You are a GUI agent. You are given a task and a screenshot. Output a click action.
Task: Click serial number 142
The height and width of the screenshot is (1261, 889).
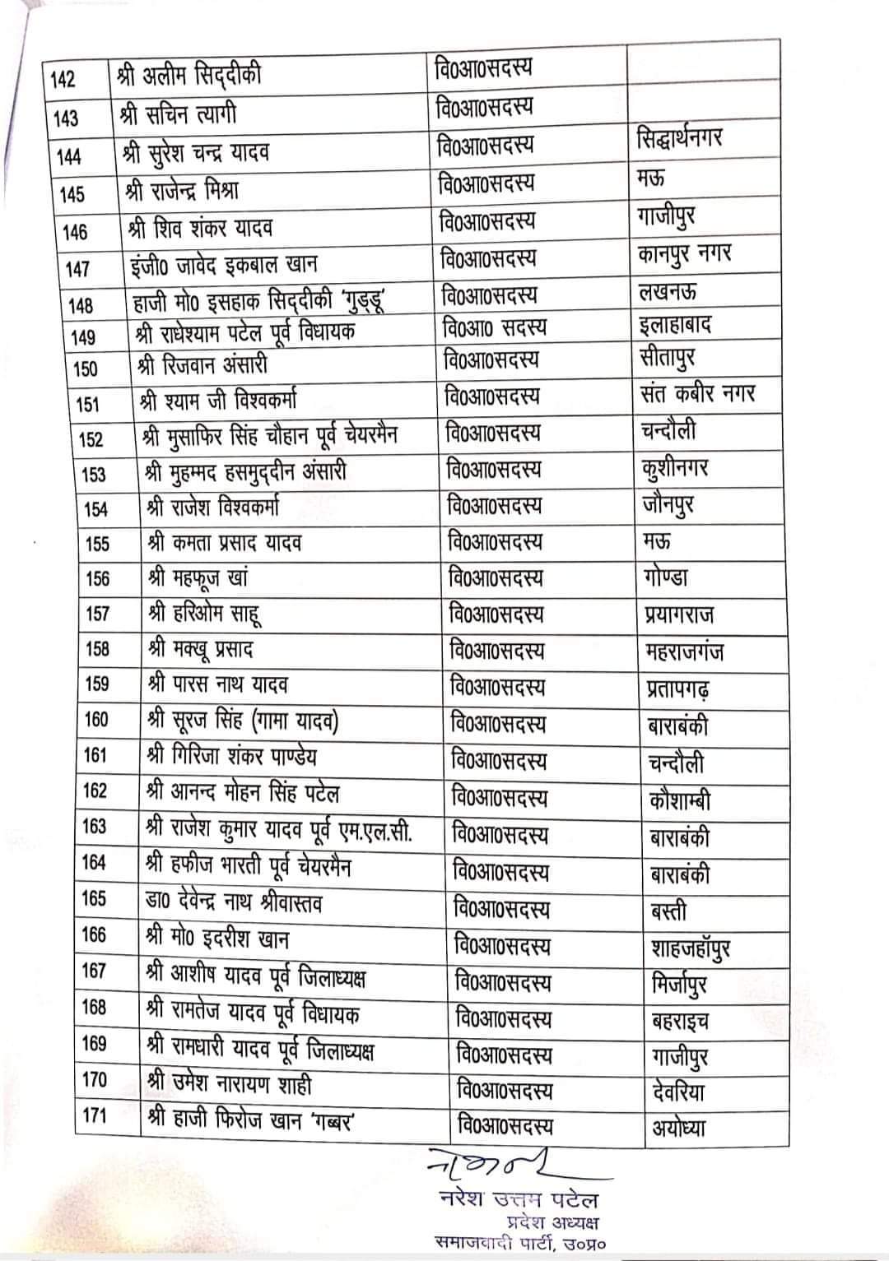coord(63,80)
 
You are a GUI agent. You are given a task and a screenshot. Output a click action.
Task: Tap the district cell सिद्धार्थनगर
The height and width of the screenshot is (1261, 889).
coord(680,138)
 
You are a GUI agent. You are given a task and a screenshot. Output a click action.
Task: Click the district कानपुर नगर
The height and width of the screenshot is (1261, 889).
coord(684,255)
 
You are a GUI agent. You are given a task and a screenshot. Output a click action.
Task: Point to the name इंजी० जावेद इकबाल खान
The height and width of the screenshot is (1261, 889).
coord(224,266)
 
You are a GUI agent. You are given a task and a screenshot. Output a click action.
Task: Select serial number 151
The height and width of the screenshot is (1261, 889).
coord(86,404)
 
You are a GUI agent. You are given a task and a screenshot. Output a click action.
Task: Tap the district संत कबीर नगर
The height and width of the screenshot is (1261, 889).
coord(697,394)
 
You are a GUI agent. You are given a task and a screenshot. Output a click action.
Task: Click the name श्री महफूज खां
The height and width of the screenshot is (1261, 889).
coord(198,578)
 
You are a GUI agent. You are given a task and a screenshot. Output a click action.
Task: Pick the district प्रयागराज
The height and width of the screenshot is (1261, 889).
coord(679,615)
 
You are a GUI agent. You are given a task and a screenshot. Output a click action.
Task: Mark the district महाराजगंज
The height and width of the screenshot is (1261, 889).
coord(684,652)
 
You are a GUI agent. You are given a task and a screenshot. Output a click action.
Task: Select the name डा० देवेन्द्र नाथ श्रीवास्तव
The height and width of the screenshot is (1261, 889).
coord(234,903)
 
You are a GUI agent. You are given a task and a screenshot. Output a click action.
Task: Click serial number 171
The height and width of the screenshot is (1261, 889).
coord(94,1116)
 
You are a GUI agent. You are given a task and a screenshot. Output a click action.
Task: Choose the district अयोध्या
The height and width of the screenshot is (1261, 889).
coord(678,1128)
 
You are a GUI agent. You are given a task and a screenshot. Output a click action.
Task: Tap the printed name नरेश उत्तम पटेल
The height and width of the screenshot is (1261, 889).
coord(519,1199)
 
